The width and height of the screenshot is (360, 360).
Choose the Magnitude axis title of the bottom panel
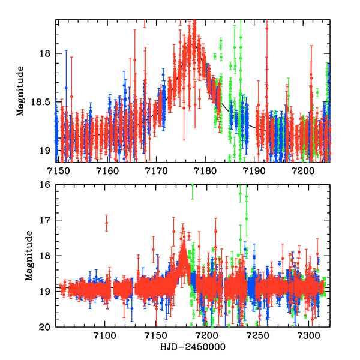(x=28, y=256)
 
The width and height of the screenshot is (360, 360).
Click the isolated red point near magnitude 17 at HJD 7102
(x=107, y=223)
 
